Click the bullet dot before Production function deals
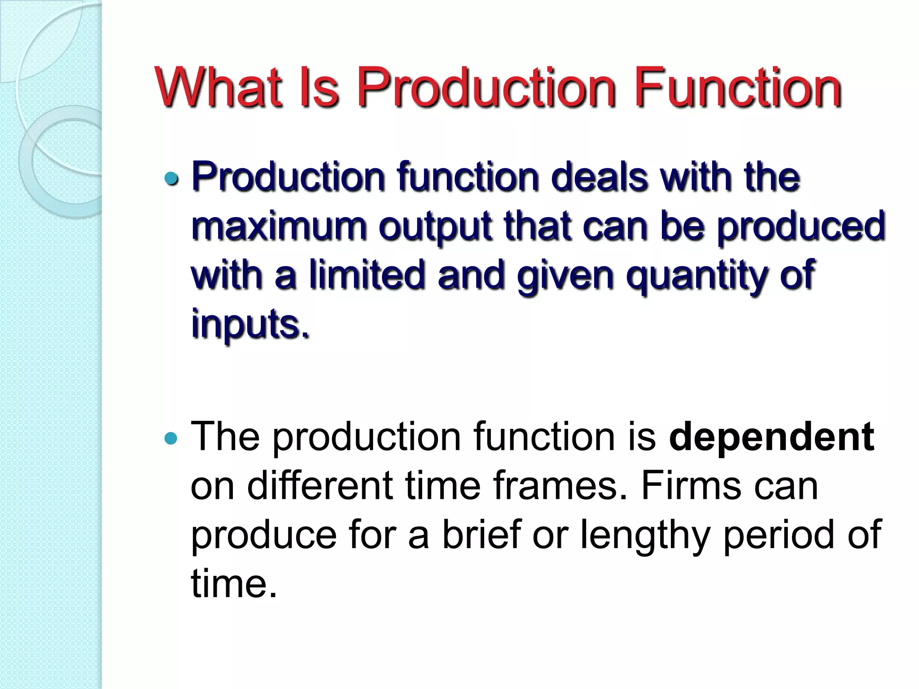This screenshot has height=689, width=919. [x=171, y=179]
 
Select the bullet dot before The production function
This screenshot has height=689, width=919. [x=171, y=438]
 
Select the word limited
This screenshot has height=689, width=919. [x=367, y=275]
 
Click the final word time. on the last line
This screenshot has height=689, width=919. [x=234, y=584]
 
